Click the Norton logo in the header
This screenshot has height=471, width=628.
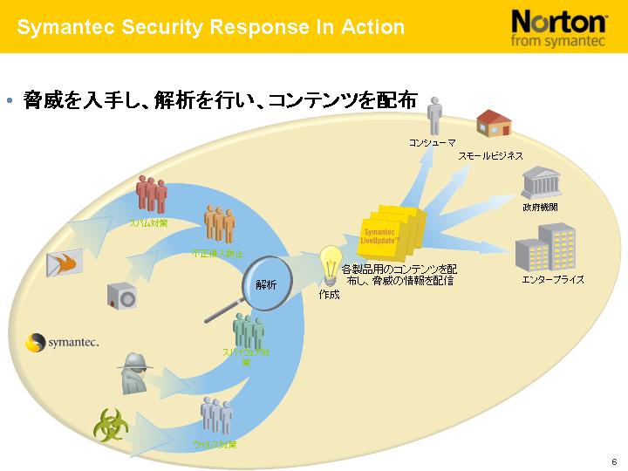pos(559,27)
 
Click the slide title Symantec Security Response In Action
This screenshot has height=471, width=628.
pos(211,27)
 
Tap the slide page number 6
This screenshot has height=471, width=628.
pos(614,461)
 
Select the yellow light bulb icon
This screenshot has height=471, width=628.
pos(331,263)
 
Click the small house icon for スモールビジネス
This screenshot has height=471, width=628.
pos(493,123)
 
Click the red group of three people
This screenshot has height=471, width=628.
pos(153,194)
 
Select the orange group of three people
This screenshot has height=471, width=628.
pos(219,223)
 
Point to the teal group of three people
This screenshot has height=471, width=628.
pos(248,331)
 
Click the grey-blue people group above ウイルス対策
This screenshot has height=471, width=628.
pos(216,415)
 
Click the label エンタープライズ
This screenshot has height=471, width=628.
pos(553,279)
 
